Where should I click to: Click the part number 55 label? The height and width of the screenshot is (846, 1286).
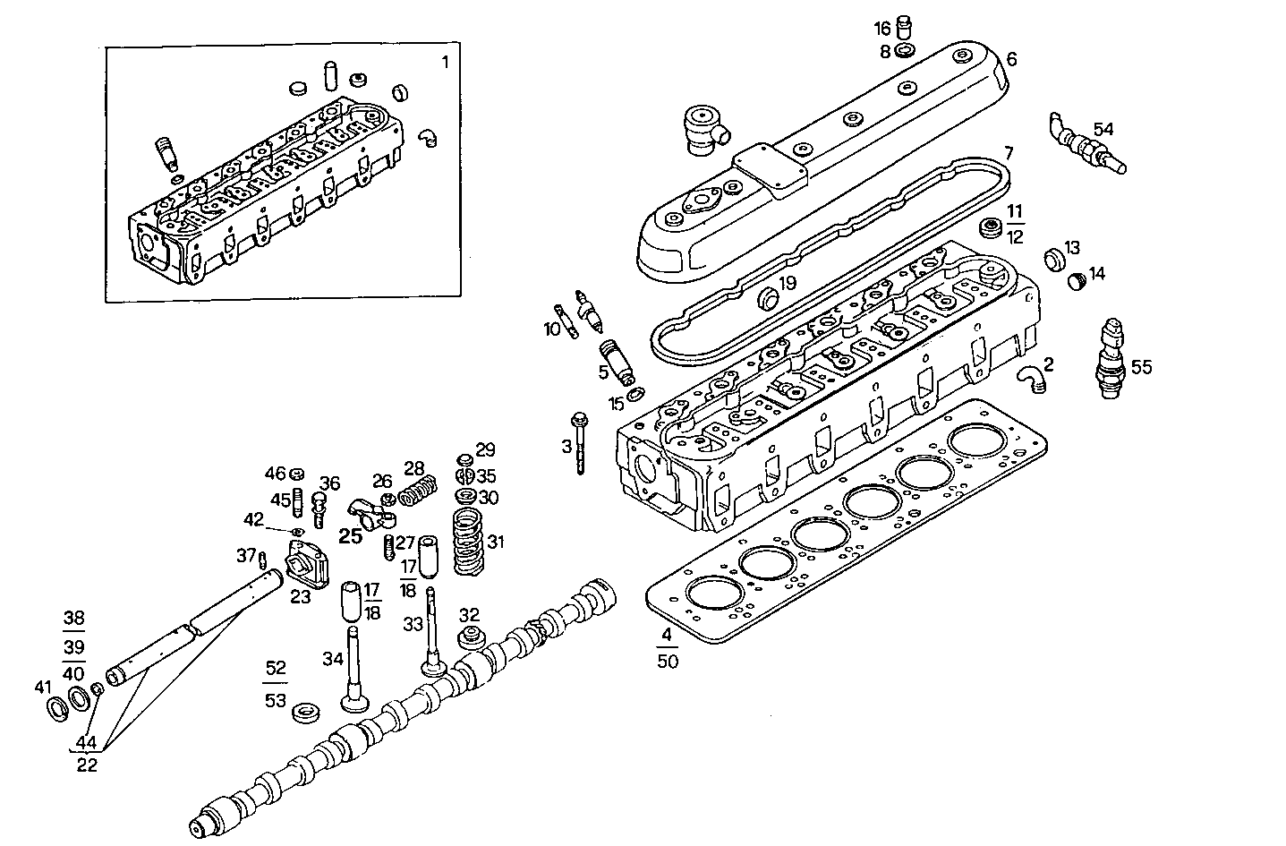(x=1141, y=367)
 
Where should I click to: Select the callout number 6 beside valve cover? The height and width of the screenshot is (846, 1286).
(x=1011, y=59)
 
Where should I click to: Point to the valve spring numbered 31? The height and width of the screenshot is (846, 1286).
(x=471, y=542)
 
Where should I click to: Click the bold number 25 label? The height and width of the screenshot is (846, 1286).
(x=350, y=536)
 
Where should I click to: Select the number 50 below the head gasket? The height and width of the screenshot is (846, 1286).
(x=668, y=662)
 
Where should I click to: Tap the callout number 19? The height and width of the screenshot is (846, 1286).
(x=787, y=284)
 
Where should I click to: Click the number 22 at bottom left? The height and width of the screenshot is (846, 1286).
(x=87, y=765)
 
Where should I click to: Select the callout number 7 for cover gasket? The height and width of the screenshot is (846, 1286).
(x=1008, y=152)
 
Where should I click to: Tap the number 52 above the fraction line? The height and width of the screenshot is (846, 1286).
(x=276, y=668)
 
